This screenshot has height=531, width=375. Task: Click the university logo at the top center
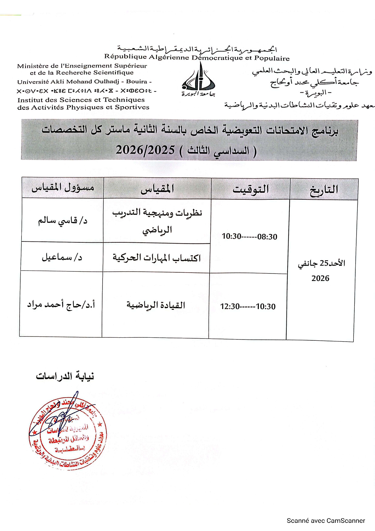pyautogui.click(x=198, y=80)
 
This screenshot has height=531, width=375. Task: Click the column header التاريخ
pyautogui.click(x=324, y=190)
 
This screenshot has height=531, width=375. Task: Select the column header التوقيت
pyautogui.click(x=250, y=189)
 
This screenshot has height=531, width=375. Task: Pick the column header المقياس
pyautogui.click(x=157, y=189)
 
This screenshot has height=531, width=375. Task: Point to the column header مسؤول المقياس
pyautogui.click(x=63, y=188)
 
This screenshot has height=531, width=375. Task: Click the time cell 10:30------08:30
pyautogui.click(x=249, y=237)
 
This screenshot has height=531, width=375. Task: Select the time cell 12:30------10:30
pyautogui.click(x=248, y=306)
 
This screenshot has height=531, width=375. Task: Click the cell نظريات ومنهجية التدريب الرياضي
pyautogui.click(x=157, y=221)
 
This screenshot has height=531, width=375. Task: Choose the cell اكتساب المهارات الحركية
pyautogui.click(x=157, y=258)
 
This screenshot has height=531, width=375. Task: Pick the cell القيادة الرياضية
pyautogui.click(x=155, y=305)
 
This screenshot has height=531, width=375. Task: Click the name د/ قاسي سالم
pyautogui.click(x=62, y=221)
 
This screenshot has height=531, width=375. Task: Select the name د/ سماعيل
pyautogui.click(x=62, y=257)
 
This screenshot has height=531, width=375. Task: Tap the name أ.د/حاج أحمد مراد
pyautogui.click(x=61, y=304)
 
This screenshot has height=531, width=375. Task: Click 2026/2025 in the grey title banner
pyautogui.click(x=145, y=150)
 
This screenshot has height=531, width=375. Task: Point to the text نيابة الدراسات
pyautogui.click(x=65, y=376)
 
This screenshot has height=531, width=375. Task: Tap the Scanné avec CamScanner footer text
pyautogui.click(x=326, y=521)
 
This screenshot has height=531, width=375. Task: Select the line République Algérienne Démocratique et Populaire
pyautogui.click(x=197, y=57)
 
